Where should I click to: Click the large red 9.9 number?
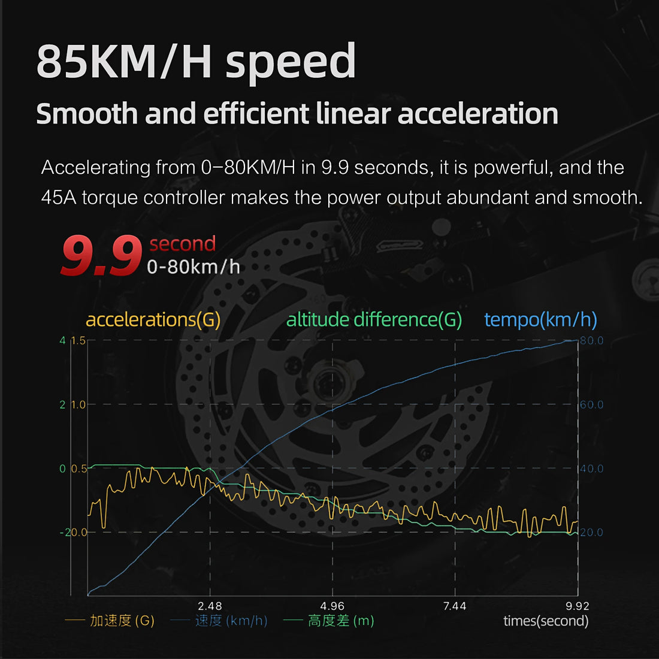pyautogui.click(x=101, y=256)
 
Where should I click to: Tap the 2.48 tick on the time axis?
pyautogui.click(x=210, y=606)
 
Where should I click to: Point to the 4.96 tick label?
pyautogui.click(x=332, y=606)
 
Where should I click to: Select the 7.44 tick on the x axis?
pyautogui.click(x=455, y=606)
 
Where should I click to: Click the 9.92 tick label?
pyautogui.click(x=577, y=606)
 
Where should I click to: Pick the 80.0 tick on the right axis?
pyautogui.click(x=591, y=340)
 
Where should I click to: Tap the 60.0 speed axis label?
pyautogui.click(x=591, y=405)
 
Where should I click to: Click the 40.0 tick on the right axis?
pyautogui.click(x=591, y=468)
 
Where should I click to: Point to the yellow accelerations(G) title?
pyautogui.click(x=153, y=319)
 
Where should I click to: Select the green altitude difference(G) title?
pyautogui.click(x=374, y=319)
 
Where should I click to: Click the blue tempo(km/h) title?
pyautogui.click(x=540, y=319)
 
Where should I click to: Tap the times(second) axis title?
pyautogui.click(x=546, y=621)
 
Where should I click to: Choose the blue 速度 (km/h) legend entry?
pyautogui.click(x=231, y=621)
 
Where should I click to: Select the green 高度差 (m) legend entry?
pyautogui.click(x=340, y=621)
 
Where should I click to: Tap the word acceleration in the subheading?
pyautogui.click(x=478, y=114)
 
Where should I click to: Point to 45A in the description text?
pyautogui.click(x=59, y=197)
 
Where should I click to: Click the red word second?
pyautogui.click(x=182, y=244)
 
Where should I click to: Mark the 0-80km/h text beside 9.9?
pyautogui.click(x=193, y=267)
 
